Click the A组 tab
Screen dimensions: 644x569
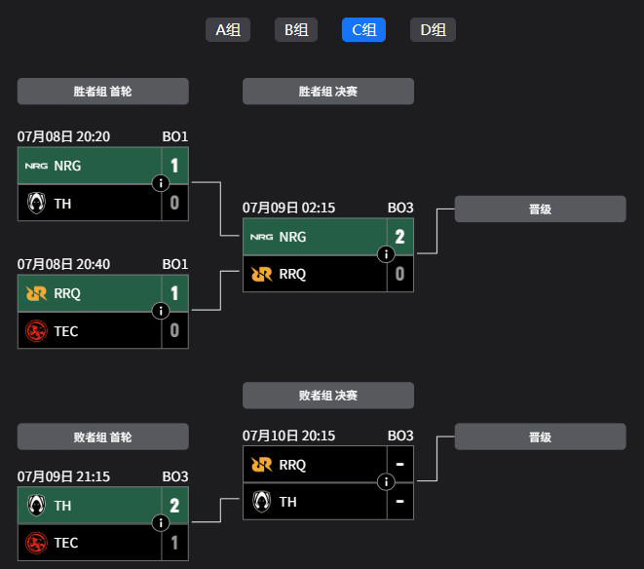click(x=228, y=29)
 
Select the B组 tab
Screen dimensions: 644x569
click(x=296, y=29)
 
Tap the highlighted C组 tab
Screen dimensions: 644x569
click(x=363, y=29)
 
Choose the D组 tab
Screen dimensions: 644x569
click(x=433, y=29)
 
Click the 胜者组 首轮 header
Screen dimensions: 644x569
click(x=103, y=92)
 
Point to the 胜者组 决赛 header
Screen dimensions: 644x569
click(x=328, y=92)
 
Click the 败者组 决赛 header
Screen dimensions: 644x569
click(x=328, y=396)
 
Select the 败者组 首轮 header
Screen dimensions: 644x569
click(x=103, y=436)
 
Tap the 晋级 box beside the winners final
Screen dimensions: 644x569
click(x=540, y=209)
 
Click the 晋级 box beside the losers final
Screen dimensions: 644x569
click(x=540, y=436)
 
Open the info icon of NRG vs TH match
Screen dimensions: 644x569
click(x=161, y=183)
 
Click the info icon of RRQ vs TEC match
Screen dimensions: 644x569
click(x=161, y=311)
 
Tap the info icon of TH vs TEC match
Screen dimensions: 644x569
click(x=161, y=523)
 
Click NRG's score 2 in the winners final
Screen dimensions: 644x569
click(x=399, y=237)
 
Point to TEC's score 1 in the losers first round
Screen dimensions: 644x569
click(x=174, y=543)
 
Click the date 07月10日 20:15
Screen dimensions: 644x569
click(x=288, y=436)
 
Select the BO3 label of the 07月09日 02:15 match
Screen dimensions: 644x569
click(x=400, y=208)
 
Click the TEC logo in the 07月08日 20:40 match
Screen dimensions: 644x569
click(x=36, y=330)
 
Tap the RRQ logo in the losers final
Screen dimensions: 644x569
click(x=262, y=465)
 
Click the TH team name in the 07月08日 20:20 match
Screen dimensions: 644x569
click(x=62, y=204)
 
